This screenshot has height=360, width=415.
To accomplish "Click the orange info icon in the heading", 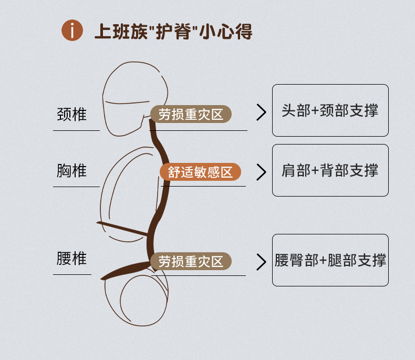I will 72,31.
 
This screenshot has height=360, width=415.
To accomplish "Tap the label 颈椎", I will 71,114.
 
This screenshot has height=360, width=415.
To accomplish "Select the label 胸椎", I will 71,170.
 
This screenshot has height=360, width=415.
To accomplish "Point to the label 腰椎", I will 71,259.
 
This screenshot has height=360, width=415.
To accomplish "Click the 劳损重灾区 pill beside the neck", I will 191,114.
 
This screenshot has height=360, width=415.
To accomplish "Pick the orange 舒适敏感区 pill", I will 200,172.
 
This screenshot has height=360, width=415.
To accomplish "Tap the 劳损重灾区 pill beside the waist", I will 191,261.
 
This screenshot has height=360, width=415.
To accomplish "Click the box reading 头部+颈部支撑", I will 330,110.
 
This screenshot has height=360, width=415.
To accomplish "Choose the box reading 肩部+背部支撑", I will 330,170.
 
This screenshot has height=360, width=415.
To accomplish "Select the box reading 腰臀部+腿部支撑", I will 330,260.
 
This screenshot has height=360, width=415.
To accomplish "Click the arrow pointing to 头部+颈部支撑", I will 261,112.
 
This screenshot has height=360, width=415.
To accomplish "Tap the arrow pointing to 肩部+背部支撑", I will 261,172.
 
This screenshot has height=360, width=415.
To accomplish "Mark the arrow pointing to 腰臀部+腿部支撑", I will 261,262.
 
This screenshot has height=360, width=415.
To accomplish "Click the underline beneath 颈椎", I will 76,130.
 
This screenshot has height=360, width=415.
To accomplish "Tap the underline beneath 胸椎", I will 76,186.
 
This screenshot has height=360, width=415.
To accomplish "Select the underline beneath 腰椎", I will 72,274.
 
